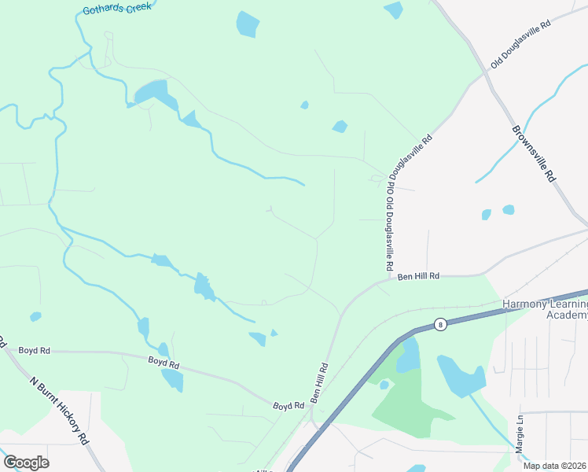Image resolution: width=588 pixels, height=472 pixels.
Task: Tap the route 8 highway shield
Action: [441, 323]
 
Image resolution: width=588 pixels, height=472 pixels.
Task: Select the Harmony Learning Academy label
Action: [545, 309]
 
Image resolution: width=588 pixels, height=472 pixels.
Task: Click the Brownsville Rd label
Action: [534, 153]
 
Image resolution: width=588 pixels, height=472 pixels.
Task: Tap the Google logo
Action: [26, 463]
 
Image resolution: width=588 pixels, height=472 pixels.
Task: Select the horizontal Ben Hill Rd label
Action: [417, 277]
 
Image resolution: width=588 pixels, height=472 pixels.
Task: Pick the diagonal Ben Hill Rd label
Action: [320, 383]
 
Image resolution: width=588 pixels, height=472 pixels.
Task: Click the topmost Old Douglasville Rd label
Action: [521, 44]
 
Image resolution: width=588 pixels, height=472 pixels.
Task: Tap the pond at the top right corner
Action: [393, 9]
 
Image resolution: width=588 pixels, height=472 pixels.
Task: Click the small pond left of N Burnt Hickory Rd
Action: [35, 317]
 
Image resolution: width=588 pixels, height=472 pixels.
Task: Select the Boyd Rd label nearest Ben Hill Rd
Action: [288, 406]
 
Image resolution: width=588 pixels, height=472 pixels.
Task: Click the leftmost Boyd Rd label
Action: [35, 350]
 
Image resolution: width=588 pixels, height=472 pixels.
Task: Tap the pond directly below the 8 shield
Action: [408, 356]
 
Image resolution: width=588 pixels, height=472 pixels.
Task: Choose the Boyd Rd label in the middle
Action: [164, 363]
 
